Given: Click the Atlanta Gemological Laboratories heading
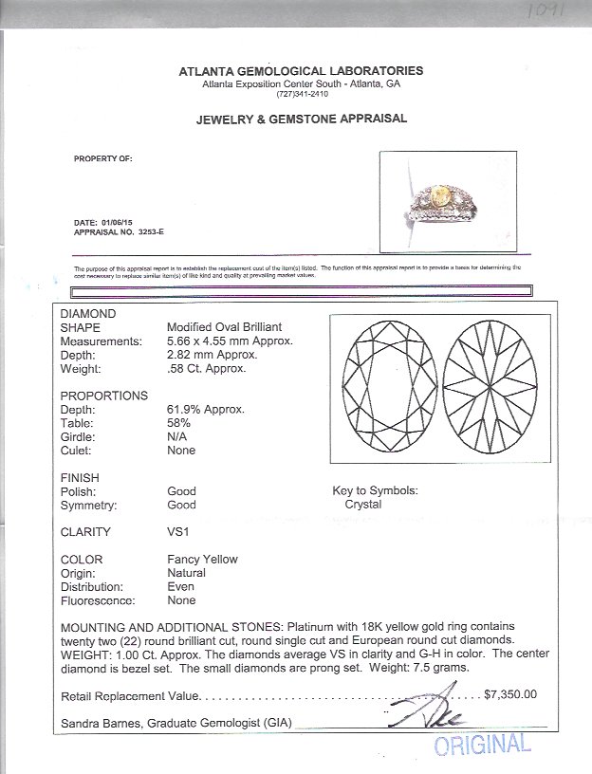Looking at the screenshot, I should (302, 71).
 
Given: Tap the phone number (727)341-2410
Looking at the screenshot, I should (301, 94).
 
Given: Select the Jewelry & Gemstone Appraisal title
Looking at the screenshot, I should (301, 120).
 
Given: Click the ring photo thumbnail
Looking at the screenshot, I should (447, 201).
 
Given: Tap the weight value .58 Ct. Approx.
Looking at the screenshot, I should (205, 368).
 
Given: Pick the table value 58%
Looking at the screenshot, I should (178, 423).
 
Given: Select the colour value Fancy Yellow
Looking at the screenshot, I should (202, 560).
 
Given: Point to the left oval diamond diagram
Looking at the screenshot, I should (385, 389).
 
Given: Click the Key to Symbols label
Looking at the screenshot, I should (375, 491).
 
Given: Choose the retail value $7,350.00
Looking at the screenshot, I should (509, 694).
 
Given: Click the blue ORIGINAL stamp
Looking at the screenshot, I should (482, 745).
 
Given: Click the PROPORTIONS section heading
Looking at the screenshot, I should (104, 396).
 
